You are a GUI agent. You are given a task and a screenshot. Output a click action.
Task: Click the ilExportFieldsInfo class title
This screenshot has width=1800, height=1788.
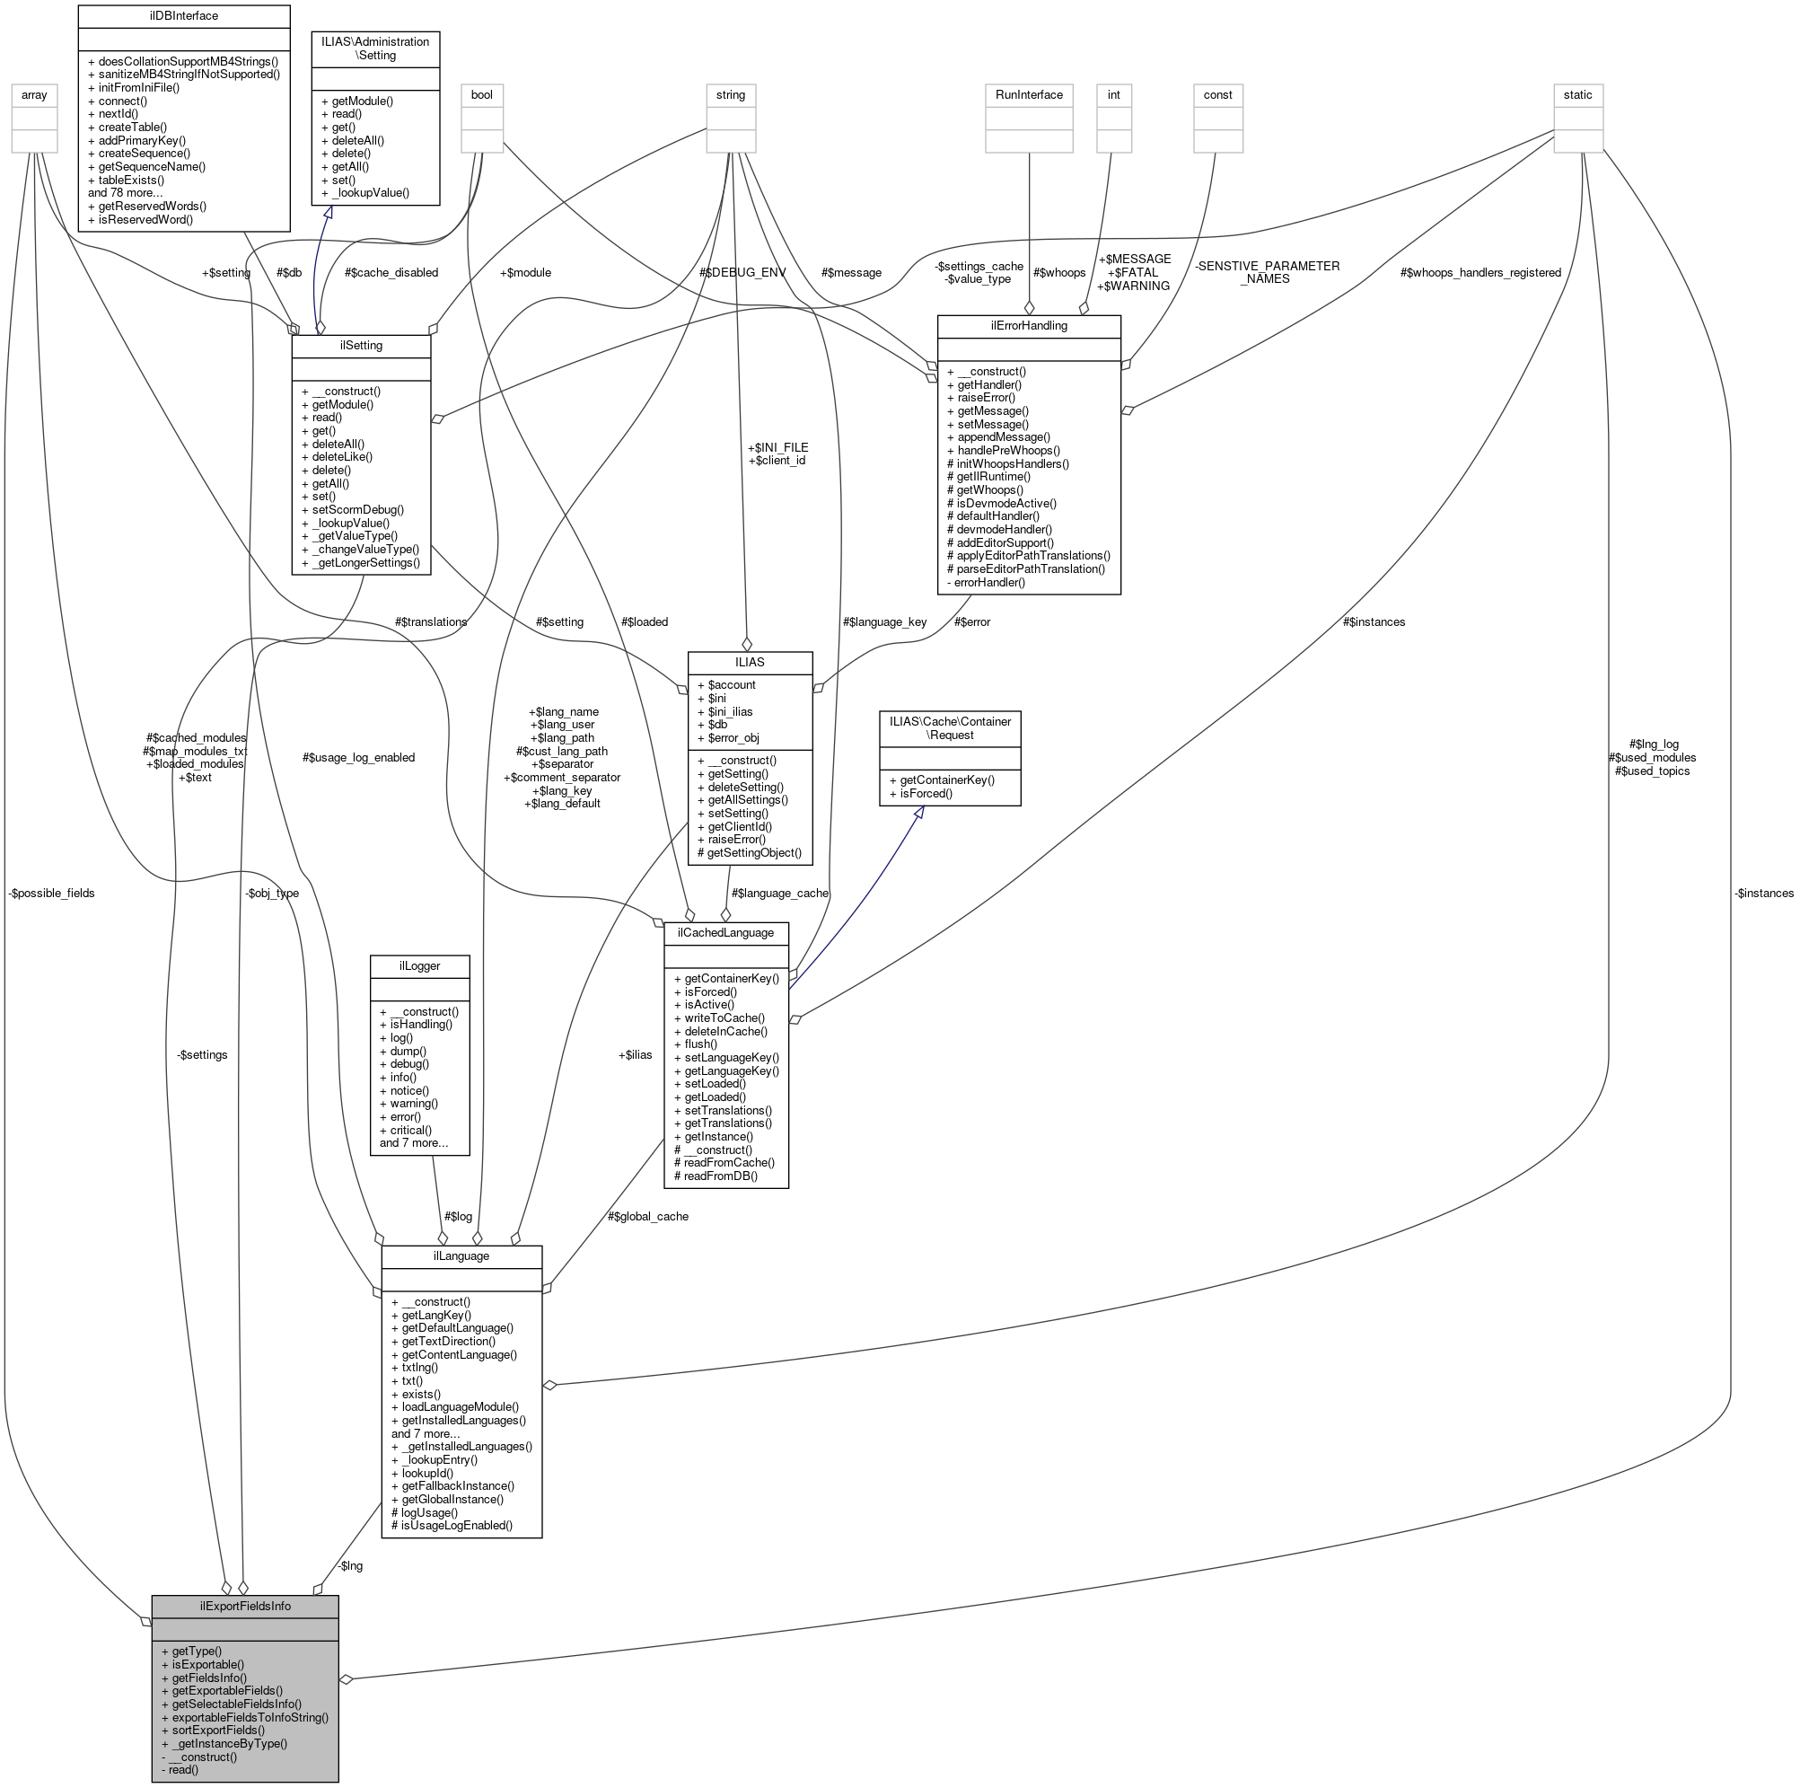pos(245,1606)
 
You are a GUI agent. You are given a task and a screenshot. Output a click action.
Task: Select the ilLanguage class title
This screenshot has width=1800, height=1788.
pos(461,1256)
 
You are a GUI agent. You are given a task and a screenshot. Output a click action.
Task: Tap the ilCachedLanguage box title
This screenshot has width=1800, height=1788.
pos(725,933)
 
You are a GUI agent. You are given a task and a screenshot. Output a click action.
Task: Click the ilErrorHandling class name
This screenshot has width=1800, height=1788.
pos(1029,325)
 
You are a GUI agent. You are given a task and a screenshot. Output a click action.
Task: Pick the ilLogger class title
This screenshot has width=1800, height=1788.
pos(419,965)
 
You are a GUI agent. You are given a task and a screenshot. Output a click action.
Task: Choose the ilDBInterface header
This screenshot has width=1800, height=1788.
pos(183,16)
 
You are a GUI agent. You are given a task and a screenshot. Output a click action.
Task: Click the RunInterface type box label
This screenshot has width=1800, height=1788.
pos(1029,94)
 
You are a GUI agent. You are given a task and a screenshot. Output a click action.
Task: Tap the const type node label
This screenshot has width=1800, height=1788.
pos(1217,94)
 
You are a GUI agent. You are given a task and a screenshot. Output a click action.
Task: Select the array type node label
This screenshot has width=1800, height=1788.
pos(34,94)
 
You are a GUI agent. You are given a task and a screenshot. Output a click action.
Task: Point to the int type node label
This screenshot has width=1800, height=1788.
pos(1113,94)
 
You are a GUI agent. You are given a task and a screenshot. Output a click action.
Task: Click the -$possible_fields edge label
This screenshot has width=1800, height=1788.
pos(51,893)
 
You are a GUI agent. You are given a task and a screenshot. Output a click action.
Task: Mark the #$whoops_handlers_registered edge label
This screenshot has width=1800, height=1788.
pos(1480,272)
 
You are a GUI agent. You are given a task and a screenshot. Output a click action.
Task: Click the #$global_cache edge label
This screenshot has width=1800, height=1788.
pos(647,1216)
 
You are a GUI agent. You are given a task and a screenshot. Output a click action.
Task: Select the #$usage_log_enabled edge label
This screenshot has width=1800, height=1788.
pos(359,758)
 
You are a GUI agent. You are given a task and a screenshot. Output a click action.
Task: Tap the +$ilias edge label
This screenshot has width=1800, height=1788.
pos(635,1054)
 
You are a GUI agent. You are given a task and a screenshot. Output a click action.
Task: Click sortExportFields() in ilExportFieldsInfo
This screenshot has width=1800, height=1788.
pos(218,1730)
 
